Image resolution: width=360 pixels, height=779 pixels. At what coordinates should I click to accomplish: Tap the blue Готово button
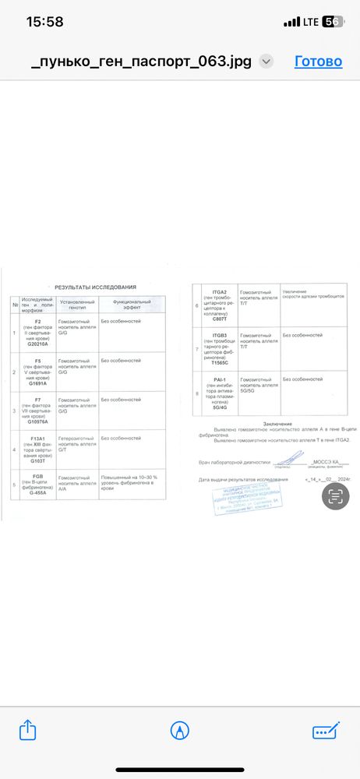pos(318,62)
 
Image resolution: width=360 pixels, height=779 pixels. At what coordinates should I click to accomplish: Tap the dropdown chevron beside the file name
pos(266,62)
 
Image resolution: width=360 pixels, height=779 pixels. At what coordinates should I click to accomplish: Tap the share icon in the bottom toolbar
pos(27,730)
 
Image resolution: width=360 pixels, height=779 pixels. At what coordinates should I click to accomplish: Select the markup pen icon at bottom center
pos(180,731)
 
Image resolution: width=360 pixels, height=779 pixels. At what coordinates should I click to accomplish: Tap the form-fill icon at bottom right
pos(325,731)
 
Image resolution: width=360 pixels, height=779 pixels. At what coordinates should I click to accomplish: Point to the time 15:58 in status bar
pos(44,22)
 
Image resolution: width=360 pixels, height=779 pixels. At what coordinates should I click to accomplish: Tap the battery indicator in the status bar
pos(332,22)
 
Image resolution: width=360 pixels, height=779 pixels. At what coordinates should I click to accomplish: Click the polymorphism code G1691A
pos(37,383)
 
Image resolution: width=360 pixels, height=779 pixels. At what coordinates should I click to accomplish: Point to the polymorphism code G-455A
pos(37,492)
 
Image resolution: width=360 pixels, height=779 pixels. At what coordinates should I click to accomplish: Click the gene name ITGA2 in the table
pos(221,291)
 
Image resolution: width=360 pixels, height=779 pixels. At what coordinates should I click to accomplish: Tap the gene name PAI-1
pos(221,379)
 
